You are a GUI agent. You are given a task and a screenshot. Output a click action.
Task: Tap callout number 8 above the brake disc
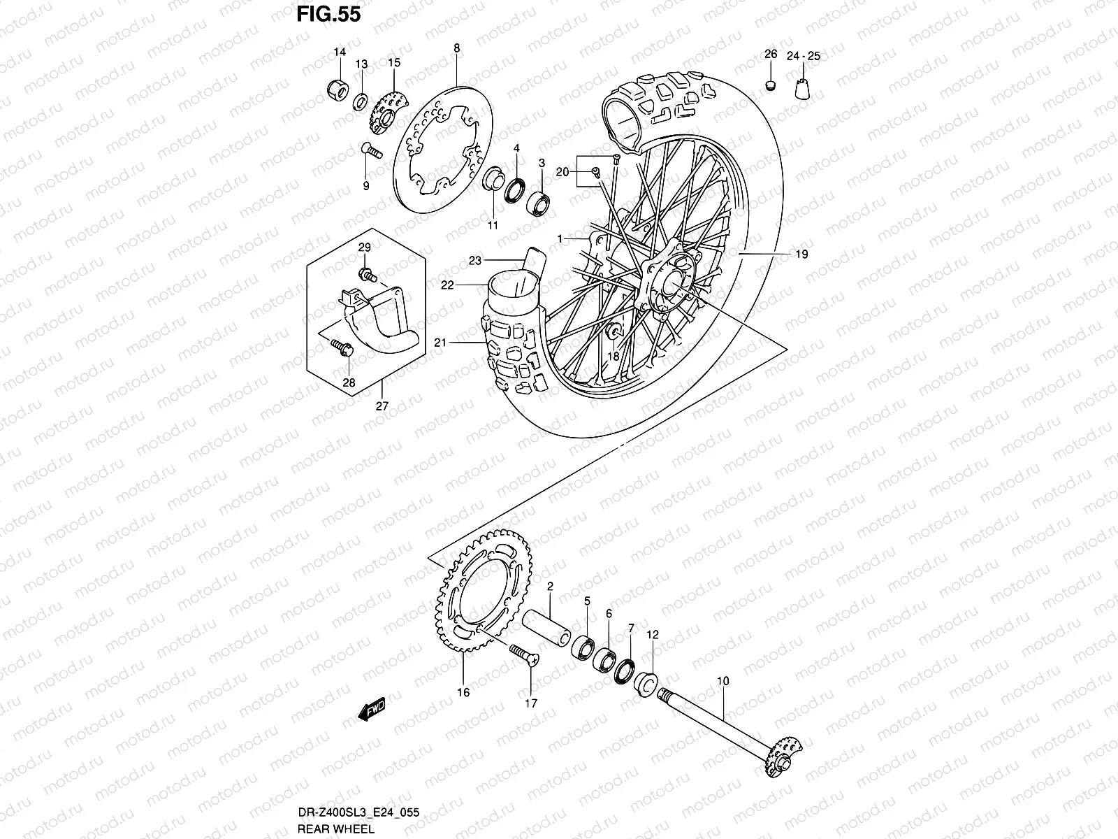pos(456,49)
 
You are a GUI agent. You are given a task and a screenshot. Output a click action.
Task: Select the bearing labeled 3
pos(539,203)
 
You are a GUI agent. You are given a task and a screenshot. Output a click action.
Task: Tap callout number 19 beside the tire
pos(801,254)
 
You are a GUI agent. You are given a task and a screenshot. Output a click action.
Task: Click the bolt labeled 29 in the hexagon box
pos(365,275)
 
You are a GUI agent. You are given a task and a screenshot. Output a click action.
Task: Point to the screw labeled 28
pos(340,345)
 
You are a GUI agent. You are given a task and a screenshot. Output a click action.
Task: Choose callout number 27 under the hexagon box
pos(382,406)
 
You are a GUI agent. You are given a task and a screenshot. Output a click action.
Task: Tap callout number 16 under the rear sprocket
pos(463,693)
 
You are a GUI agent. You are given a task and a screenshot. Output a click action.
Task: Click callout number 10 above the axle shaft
pos(723,680)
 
